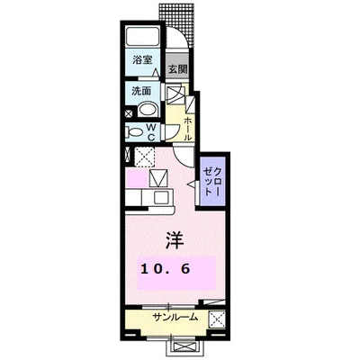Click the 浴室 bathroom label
coord(140,61)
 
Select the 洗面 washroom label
coord(141,91)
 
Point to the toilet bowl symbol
coord(135,132)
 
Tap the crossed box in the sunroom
coord(216,318)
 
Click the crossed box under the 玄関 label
coord(175,94)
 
